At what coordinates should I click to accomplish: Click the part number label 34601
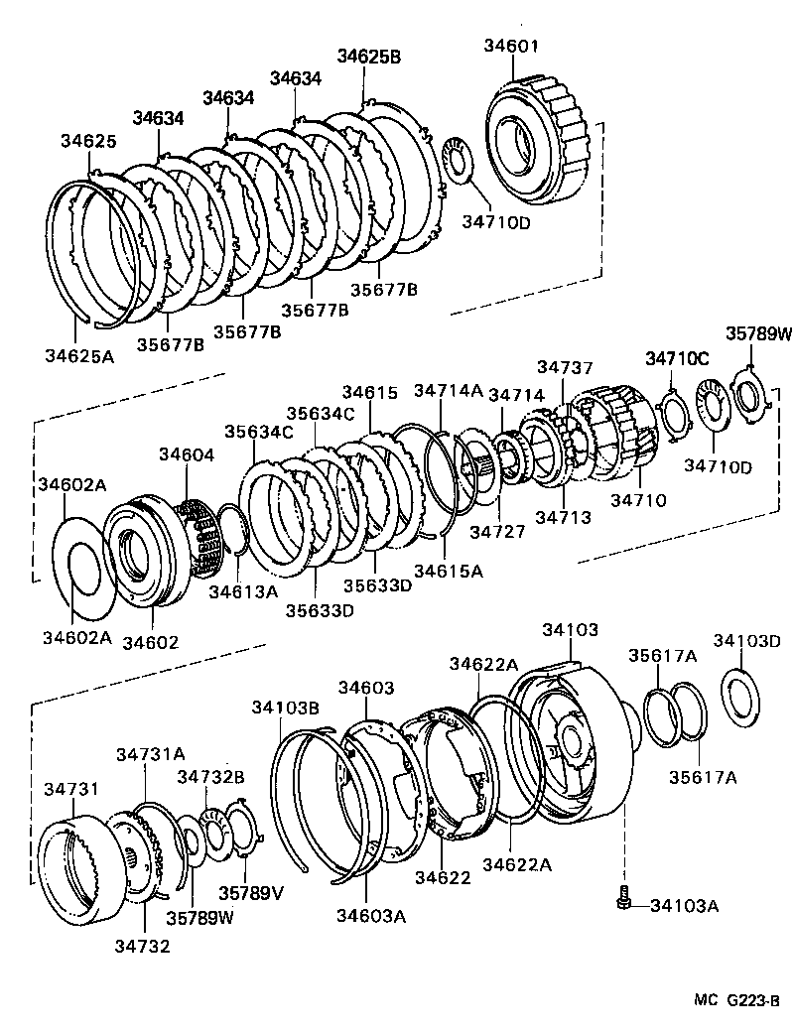pyautogui.click(x=511, y=45)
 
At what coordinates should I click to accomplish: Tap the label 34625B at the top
pyautogui.click(x=368, y=57)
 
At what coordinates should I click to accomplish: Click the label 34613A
pyautogui.click(x=243, y=591)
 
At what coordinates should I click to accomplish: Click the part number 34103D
pyautogui.click(x=747, y=640)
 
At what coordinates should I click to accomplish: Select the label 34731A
pyautogui.click(x=151, y=753)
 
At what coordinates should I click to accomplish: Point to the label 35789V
pyautogui.click(x=251, y=892)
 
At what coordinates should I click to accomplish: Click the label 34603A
pyautogui.click(x=372, y=916)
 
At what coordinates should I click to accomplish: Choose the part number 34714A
pyautogui.click(x=448, y=390)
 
